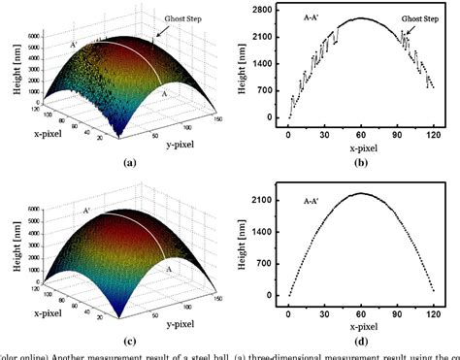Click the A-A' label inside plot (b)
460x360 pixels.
pyautogui.click(x=307, y=16)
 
